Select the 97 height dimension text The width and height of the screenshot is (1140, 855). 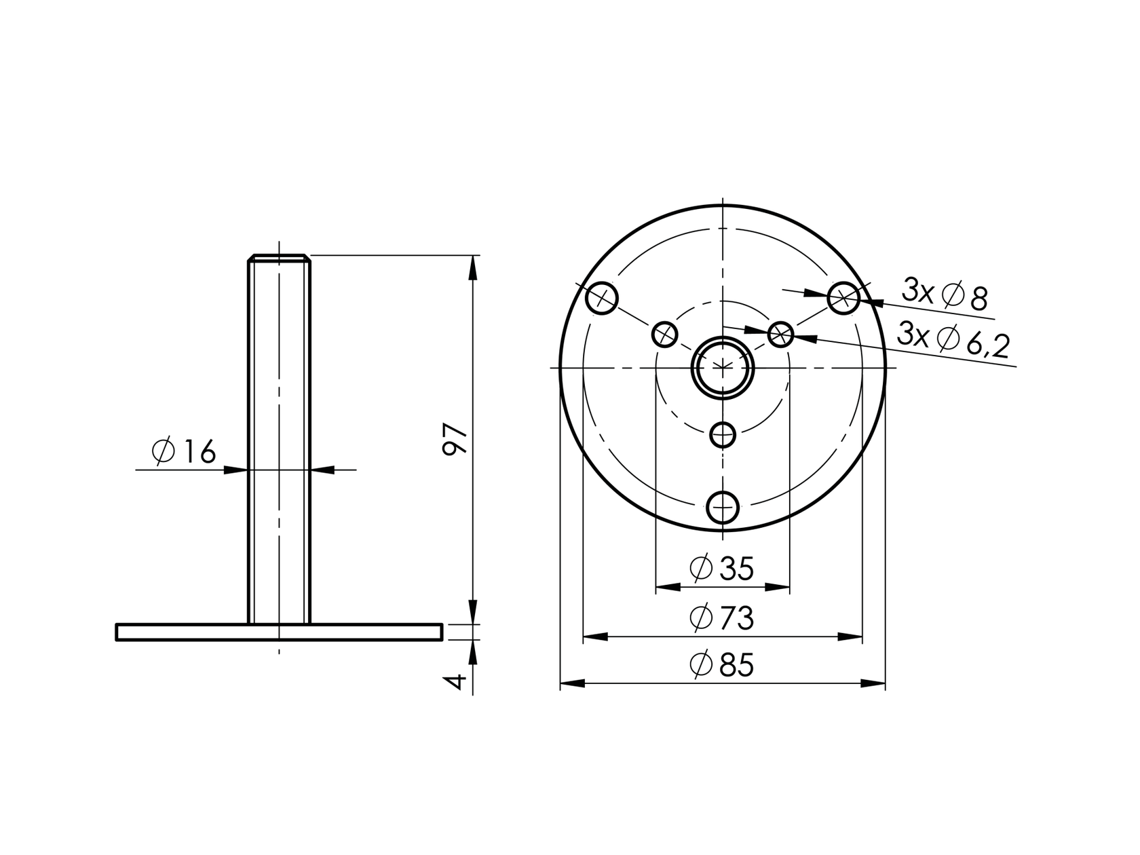click(x=455, y=439)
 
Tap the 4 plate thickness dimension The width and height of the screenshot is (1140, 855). click(x=457, y=680)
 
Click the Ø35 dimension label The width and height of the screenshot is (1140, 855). click(x=721, y=569)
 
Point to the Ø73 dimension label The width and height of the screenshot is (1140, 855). click(x=721, y=618)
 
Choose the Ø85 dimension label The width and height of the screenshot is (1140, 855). click(x=721, y=666)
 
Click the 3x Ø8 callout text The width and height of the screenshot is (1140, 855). click(x=944, y=294)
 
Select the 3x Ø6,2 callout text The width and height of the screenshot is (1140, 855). click(x=952, y=339)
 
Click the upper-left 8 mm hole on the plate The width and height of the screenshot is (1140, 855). click(x=602, y=298)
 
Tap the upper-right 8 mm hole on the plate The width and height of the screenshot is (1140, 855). click(x=843, y=298)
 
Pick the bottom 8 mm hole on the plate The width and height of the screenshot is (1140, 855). click(x=723, y=507)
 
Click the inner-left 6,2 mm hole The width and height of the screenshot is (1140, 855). click(x=665, y=334)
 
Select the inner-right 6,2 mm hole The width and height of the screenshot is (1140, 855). click(x=781, y=334)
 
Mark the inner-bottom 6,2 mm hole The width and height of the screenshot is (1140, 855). click(x=723, y=434)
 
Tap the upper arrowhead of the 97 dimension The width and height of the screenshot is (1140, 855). click(x=473, y=268)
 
